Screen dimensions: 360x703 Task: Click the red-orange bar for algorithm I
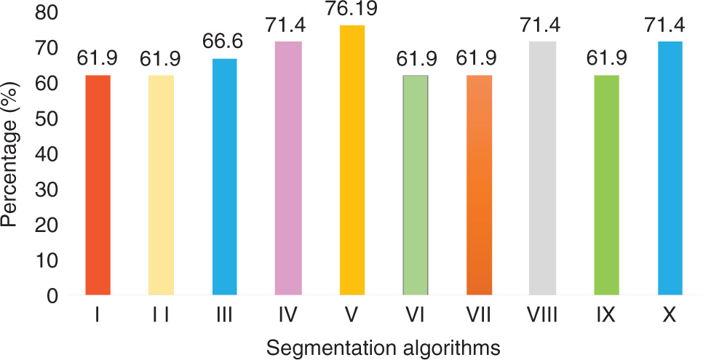click(98, 185)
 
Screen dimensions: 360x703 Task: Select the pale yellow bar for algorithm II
click(161, 185)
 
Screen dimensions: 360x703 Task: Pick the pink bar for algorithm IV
click(288, 168)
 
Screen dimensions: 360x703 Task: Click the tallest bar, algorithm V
click(351, 160)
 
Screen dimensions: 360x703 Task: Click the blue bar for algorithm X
click(670, 168)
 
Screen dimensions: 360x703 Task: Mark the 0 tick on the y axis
click(52, 296)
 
